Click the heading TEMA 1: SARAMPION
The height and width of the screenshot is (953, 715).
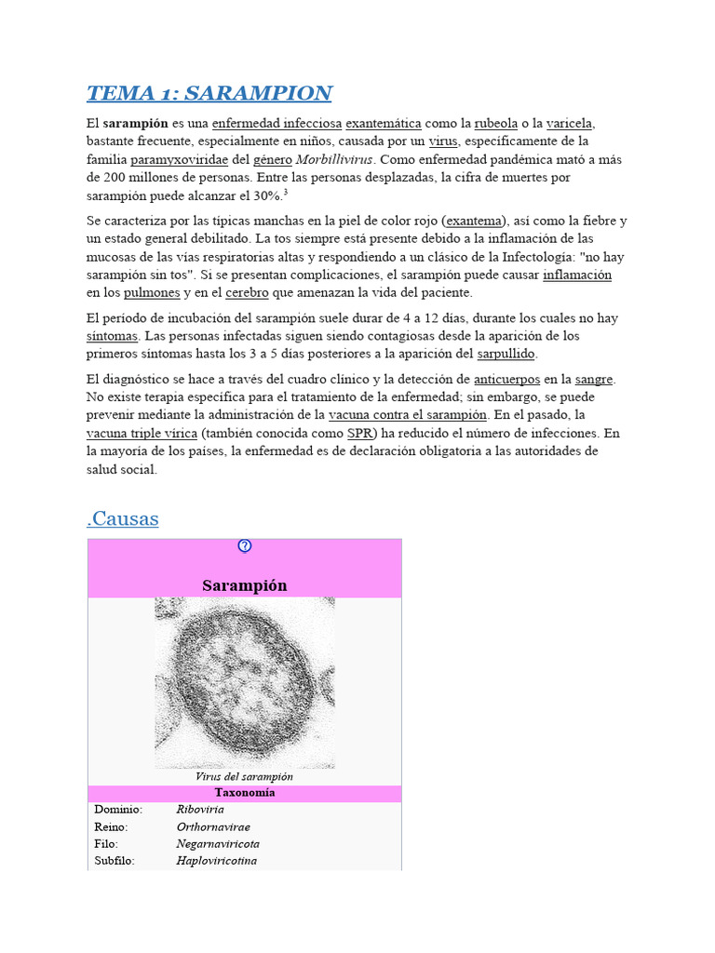coord(209,93)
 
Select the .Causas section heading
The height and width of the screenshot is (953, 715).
coord(123,518)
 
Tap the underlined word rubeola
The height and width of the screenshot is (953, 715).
coord(495,123)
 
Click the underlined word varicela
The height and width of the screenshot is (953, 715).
coord(570,123)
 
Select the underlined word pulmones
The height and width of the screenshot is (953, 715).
coord(152,292)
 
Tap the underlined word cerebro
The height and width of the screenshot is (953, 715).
coord(247,292)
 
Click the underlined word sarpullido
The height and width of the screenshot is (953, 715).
coord(506,354)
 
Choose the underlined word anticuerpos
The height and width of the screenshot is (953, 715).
coord(507,379)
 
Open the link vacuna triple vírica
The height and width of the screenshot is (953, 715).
coord(142,433)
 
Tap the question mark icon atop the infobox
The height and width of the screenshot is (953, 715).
coord(245,546)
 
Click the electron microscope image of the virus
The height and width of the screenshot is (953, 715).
coord(245,682)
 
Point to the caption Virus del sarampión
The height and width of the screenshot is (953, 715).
coord(245,776)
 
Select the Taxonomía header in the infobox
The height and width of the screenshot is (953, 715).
coord(245,793)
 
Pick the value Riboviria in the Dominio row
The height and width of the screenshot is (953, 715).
coord(200,810)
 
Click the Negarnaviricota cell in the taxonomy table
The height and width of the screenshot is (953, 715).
coord(218,843)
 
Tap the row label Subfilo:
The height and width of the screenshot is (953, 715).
coord(115,861)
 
